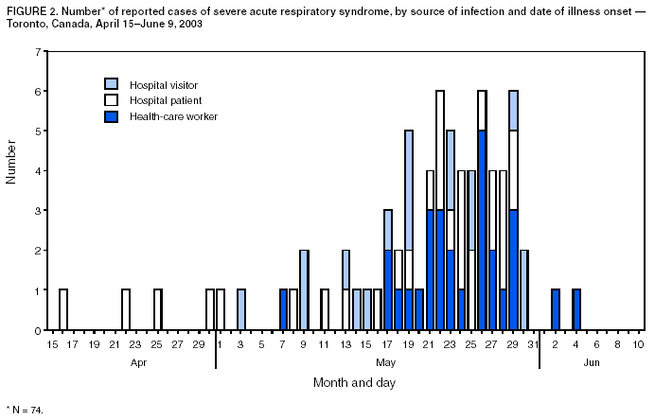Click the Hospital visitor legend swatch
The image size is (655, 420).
pos(112,84)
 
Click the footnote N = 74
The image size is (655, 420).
pos(26,411)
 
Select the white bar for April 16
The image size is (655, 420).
pos(63,310)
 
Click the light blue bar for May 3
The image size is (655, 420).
pos(241,310)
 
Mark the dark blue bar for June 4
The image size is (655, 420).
pos(576,310)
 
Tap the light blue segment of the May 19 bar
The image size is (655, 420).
pos(409,189)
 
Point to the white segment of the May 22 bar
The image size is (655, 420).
pos(440,150)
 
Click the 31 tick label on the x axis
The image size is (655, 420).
pos(534,344)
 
